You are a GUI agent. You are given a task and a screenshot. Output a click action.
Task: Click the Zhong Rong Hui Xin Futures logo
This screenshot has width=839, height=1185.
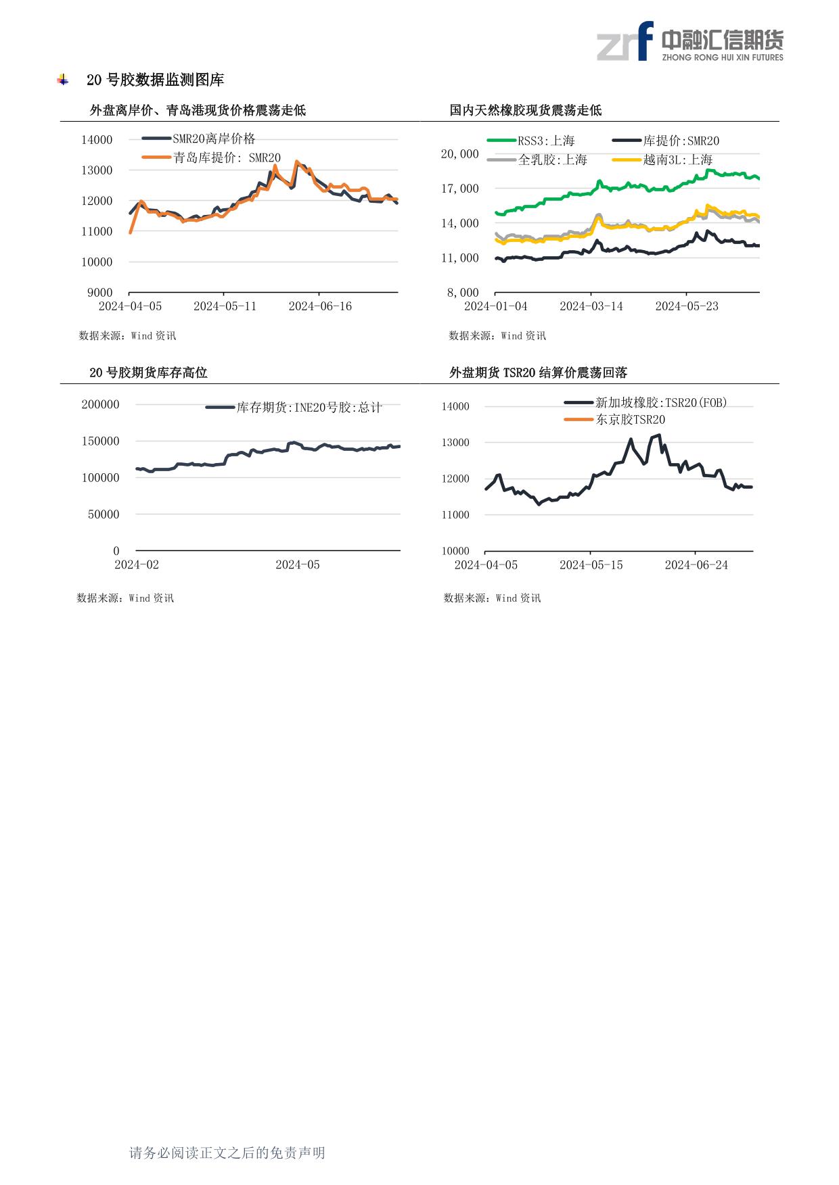click(x=689, y=41)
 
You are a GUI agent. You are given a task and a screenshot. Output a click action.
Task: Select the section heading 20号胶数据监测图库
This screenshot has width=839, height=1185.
click(x=155, y=80)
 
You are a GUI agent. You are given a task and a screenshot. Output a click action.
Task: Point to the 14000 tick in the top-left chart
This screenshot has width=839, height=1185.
click(x=97, y=140)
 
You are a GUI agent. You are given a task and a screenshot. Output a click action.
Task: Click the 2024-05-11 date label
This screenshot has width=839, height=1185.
click(x=225, y=306)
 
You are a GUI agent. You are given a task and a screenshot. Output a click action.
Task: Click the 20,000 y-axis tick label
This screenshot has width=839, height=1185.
click(x=460, y=154)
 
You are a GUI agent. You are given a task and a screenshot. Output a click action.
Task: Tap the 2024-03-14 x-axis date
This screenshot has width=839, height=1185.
click(x=591, y=306)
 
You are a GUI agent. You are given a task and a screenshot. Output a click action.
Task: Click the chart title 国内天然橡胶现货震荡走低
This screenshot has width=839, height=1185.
click(x=526, y=110)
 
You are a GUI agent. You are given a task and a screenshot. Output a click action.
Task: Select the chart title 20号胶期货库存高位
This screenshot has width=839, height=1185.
click(x=148, y=372)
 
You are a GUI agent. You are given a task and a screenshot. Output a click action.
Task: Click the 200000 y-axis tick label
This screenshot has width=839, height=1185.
click(x=100, y=405)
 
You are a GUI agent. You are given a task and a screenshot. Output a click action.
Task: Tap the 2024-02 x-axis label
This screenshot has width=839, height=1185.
click(x=137, y=564)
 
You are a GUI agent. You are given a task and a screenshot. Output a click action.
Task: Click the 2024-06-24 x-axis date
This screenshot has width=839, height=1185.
click(x=696, y=564)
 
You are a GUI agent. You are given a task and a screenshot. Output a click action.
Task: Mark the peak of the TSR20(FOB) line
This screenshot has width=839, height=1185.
click(x=659, y=435)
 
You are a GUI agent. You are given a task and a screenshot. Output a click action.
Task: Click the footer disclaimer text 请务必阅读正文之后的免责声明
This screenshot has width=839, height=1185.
click(x=227, y=1153)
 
